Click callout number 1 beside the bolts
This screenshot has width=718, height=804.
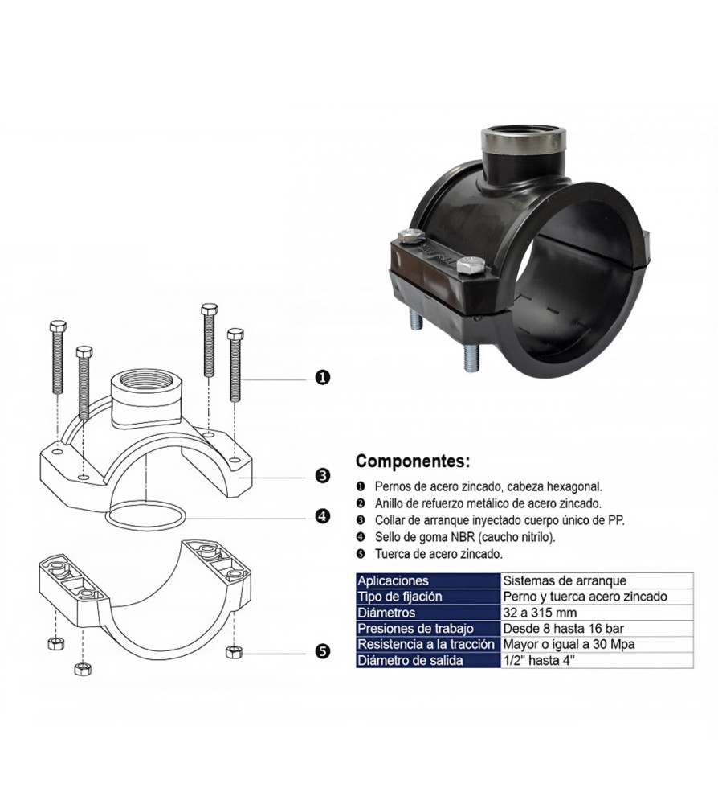pyautogui.click(x=322, y=378)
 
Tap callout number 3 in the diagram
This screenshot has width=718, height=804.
pyautogui.click(x=322, y=476)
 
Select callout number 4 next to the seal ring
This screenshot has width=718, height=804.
pyautogui.click(x=322, y=516)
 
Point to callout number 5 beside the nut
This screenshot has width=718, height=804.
pyautogui.click(x=322, y=652)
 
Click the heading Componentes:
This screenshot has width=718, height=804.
pyautogui.click(x=413, y=461)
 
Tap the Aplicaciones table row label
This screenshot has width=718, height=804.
pyautogui.click(x=393, y=581)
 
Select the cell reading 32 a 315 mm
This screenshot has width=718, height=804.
pyautogui.click(x=540, y=613)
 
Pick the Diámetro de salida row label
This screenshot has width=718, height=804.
pyautogui.click(x=410, y=660)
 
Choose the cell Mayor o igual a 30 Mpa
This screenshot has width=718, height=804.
pyautogui.click(x=569, y=645)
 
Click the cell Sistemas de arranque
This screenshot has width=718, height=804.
pyautogui.click(x=565, y=581)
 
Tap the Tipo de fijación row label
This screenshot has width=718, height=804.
pyautogui.click(x=399, y=597)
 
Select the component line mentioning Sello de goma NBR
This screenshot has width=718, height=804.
pyautogui.click(x=465, y=537)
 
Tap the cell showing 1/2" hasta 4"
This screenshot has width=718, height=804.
pyautogui.click(x=539, y=660)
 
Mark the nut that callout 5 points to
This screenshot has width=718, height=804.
pyautogui.click(x=234, y=652)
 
